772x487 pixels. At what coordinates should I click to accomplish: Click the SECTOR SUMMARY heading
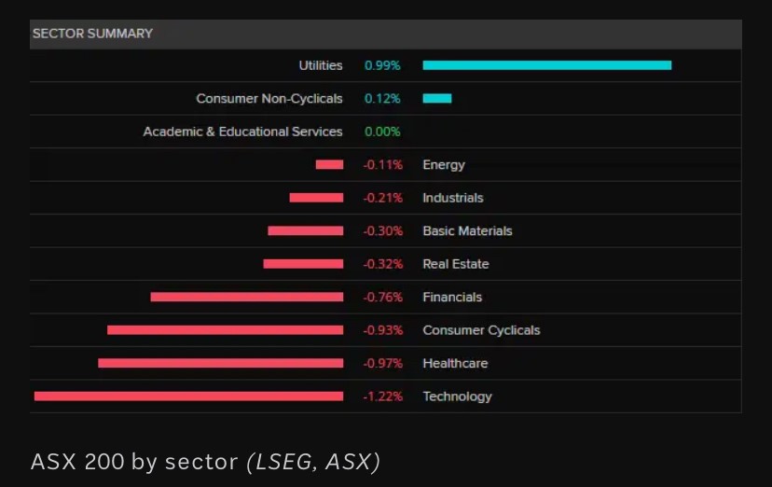[x=92, y=34]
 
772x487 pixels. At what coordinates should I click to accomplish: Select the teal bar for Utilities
[x=546, y=65]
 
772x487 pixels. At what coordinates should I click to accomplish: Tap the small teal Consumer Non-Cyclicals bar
[x=436, y=98]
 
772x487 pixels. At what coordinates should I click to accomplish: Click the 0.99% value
[x=382, y=65]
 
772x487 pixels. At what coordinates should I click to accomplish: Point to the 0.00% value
[x=382, y=132]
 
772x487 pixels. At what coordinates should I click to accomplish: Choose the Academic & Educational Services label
[x=242, y=132]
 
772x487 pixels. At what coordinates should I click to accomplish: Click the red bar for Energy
[x=329, y=164]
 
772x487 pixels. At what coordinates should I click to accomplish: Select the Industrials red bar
[x=316, y=198]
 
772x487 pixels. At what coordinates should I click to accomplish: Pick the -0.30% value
[x=382, y=230]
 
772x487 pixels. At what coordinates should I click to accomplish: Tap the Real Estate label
[x=455, y=264]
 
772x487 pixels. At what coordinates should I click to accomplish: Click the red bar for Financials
[x=246, y=297]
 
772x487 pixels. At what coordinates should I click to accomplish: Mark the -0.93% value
[x=382, y=330]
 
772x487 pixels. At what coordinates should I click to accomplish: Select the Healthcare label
[x=455, y=363]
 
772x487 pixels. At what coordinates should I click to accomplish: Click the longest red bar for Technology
[x=188, y=397]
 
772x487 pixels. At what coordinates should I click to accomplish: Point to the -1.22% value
[x=382, y=397]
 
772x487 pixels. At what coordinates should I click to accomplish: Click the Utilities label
[x=320, y=65]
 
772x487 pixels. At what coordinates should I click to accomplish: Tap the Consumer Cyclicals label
[x=481, y=330]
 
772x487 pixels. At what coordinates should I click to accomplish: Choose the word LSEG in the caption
[x=283, y=461]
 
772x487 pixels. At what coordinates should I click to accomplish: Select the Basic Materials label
[x=467, y=230]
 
